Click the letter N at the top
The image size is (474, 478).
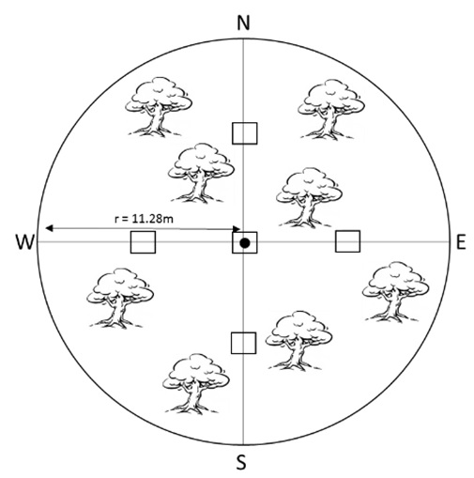click(x=243, y=23)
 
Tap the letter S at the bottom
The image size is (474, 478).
click(x=241, y=462)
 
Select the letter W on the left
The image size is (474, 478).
click(x=24, y=242)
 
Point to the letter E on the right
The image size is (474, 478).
click(x=461, y=242)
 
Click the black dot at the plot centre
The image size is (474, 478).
click(x=245, y=243)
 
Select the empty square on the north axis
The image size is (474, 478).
click(x=245, y=133)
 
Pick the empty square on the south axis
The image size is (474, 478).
click(x=243, y=343)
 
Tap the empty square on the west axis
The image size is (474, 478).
click(x=143, y=242)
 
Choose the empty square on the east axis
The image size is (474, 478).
click(x=347, y=241)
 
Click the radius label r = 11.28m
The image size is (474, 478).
click(x=144, y=219)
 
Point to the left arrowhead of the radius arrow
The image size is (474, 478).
click(x=49, y=228)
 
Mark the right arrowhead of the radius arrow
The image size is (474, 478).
click(x=237, y=229)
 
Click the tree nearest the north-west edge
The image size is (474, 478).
click(x=159, y=107)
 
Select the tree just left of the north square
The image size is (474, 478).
click(x=201, y=173)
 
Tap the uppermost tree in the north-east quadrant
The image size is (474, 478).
click(x=331, y=109)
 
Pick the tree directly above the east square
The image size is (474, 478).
click(x=309, y=197)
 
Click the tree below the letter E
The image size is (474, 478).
click(x=395, y=292)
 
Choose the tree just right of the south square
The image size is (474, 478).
click(x=298, y=341)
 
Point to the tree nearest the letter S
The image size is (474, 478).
click(x=196, y=384)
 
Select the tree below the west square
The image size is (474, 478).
click(x=120, y=298)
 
